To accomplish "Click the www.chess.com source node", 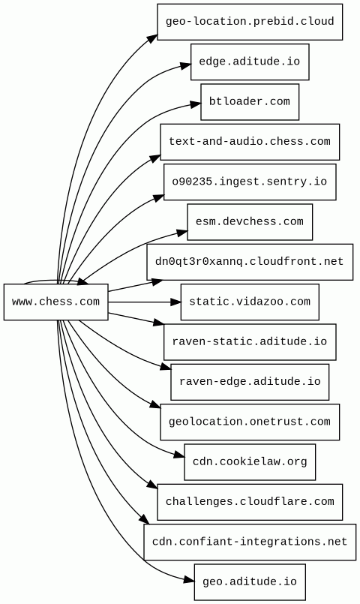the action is tap(55, 302).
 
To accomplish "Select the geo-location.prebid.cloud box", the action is tap(250, 22).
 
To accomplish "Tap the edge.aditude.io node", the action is tap(250, 62).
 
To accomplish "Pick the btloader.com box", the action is tap(250, 102).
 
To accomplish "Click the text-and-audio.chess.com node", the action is tap(250, 142).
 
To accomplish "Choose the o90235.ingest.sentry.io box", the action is tap(250, 182).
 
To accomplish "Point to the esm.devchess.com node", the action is tap(250, 222).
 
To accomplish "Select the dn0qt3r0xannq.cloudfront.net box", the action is tap(250, 262).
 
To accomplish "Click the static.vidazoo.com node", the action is tap(250, 302).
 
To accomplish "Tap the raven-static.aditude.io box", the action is tap(250, 342).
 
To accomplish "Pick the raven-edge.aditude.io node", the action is tap(250, 382).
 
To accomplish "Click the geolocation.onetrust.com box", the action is tap(250, 422).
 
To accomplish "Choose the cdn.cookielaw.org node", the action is tap(250, 462).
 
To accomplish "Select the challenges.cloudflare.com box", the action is tap(250, 502).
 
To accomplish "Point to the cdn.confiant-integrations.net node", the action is tap(250, 542).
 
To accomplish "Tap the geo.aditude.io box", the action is tap(250, 582).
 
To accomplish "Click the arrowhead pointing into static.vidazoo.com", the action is tap(175, 302).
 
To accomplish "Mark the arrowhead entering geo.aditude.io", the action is tap(189, 580).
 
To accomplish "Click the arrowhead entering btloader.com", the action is tap(196, 104).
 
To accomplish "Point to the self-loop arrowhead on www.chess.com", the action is tap(82, 283).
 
